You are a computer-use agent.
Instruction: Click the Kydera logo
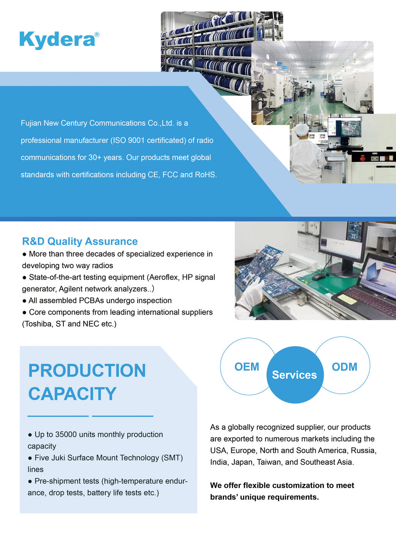pos(59,40)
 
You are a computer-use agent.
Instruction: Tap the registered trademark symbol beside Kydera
pos(97,34)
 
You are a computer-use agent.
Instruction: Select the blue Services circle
pos(295,375)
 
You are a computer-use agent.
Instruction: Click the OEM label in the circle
pos(247,367)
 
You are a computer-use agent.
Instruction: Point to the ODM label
pos(344,367)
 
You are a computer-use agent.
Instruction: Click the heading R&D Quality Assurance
pos(80,241)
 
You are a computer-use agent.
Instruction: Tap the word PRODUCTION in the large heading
pos(87,370)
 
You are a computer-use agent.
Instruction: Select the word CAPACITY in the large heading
pos(72,394)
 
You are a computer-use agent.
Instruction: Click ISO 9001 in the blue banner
pos(128,140)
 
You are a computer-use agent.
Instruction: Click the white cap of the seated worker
pos(302,129)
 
